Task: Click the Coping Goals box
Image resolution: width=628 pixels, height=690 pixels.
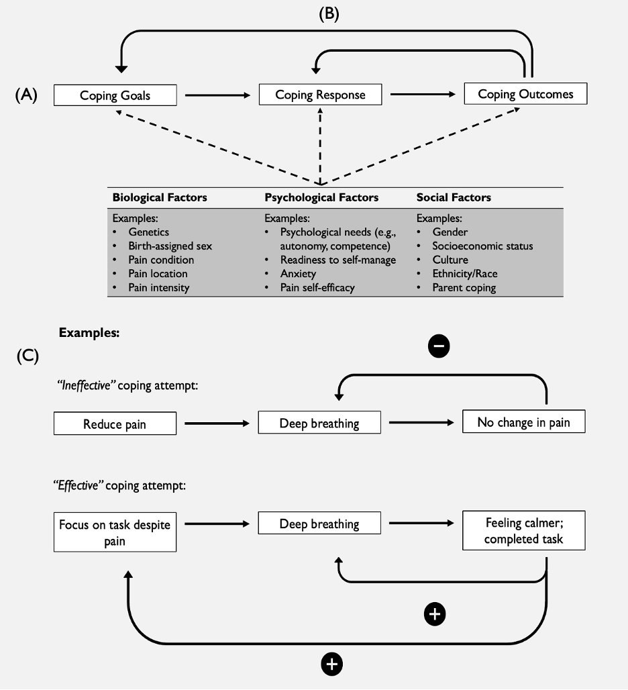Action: (115, 95)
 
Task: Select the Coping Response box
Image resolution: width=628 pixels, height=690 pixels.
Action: (320, 94)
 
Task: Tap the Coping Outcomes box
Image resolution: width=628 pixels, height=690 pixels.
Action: (525, 93)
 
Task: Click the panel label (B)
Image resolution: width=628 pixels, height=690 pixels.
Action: (329, 13)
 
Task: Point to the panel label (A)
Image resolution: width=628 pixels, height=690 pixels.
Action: (26, 95)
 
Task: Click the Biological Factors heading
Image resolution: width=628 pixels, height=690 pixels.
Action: (160, 197)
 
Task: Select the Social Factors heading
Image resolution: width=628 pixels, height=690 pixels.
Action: (454, 197)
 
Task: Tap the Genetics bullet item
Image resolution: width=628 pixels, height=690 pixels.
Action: (149, 232)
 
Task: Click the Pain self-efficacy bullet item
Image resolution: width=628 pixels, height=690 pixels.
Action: (317, 287)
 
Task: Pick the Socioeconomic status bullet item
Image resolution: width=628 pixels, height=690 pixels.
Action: (482, 246)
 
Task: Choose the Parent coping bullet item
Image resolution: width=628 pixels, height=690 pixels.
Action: (464, 287)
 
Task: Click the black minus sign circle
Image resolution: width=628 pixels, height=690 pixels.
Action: (439, 346)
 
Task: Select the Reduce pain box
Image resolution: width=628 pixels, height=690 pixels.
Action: (115, 424)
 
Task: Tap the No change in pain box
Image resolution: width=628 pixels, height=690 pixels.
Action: (524, 422)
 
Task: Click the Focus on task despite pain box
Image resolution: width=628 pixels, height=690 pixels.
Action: (115, 532)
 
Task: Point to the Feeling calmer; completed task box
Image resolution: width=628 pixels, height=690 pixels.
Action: (524, 530)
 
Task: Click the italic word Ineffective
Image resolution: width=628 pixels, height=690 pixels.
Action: (86, 385)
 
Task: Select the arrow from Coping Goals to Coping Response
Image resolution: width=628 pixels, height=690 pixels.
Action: (217, 95)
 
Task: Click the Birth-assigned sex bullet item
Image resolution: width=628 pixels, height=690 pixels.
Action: (170, 246)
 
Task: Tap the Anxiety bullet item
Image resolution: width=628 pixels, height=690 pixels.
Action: (298, 274)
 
